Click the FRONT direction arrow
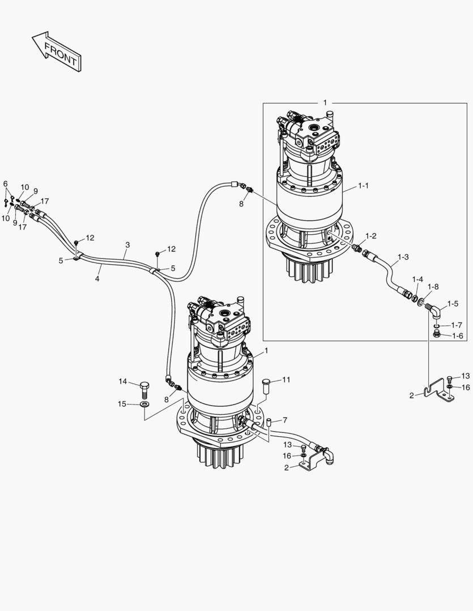coord(56,51)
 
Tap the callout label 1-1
coord(363,186)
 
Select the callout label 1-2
coord(371,235)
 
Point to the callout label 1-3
coord(403,257)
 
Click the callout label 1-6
coord(458,335)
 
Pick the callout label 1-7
coord(458,325)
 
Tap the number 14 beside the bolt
coord(123,381)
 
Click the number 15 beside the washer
coord(123,404)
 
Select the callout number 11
coord(286,380)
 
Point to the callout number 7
coord(285,420)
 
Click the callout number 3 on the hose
coord(127,245)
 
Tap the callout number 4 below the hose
coord(97,279)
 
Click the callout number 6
coord(6,184)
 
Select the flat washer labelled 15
coord(144,405)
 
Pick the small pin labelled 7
coord(270,421)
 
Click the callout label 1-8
coord(433,287)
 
